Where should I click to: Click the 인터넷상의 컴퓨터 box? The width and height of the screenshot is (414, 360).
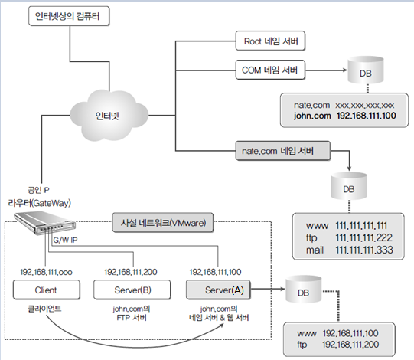[69, 16]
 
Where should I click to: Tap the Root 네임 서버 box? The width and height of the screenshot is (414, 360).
[270, 41]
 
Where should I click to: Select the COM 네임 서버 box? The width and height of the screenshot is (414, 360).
[270, 70]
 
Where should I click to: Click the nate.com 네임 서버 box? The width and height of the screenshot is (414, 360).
[283, 151]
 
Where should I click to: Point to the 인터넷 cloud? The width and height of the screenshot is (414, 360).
[109, 116]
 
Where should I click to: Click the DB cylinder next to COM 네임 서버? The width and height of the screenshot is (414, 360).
[366, 70]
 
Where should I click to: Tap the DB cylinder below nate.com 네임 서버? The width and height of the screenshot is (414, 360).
[349, 186]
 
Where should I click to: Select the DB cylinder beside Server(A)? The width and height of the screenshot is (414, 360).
[304, 290]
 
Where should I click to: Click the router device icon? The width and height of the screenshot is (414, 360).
[44, 223]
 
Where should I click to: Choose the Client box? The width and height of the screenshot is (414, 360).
[47, 290]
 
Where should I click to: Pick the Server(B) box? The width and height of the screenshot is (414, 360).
[132, 290]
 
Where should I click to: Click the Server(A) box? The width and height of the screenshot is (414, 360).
[218, 290]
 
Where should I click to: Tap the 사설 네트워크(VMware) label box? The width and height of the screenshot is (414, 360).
[163, 223]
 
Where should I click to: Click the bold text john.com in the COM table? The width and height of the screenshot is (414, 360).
[312, 116]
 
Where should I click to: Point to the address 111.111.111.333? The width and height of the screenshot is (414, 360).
[364, 250]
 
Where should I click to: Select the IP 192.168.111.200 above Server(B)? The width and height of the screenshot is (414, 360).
[131, 272]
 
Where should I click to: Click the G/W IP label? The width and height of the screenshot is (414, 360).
[66, 240]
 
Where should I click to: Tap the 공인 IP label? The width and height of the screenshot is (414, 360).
[38, 190]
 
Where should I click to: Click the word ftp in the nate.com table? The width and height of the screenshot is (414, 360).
[311, 238]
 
